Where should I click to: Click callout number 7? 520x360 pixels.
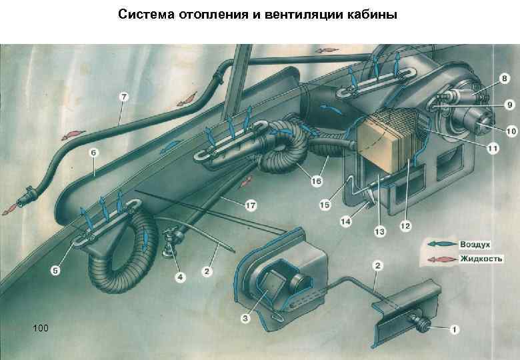click(x=123, y=97)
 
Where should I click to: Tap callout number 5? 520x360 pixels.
click(x=55, y=270)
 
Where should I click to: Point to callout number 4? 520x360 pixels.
click(x=179, y=276)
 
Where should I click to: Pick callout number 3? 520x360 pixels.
click(x=245, y=319)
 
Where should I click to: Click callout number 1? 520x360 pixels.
click(x=454, y=329)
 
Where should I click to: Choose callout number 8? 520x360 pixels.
click(x=504, y=79)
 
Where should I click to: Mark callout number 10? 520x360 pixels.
click(x=509, y=131)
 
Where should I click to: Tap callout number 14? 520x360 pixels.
click(x=346, y=221)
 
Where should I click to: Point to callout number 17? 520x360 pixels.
click(x=250, y=205)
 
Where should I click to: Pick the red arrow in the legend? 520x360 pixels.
click(x=437, y=258)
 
